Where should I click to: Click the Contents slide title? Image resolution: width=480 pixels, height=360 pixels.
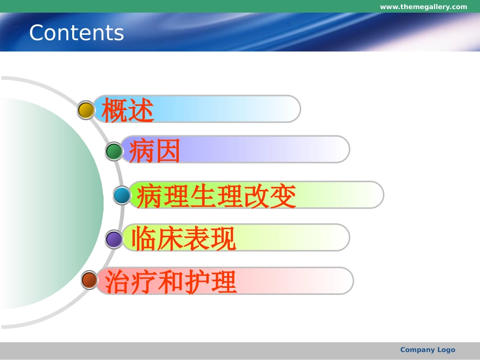[76, 33]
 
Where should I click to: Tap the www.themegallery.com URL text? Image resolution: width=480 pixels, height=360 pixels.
[423, 7]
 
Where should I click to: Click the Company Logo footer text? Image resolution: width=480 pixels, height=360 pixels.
[427, 350]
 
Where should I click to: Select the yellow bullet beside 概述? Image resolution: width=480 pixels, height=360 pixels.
[86, 110]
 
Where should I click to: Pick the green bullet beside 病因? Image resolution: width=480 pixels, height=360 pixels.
[114, 151]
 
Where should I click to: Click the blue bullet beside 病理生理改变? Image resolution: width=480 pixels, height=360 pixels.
[122, 195]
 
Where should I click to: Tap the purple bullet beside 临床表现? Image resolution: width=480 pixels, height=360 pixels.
[114, 239]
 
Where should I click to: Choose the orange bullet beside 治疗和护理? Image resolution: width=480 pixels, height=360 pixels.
[89, 280]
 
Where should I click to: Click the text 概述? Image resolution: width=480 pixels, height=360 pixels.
[127, 110]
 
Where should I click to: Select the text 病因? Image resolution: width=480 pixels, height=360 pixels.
[155, 150]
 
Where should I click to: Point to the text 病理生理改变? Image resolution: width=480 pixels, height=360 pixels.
[216, 196]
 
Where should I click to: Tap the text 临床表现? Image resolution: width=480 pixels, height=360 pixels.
[183, 238]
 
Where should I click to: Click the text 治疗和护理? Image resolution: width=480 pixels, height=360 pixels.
[167, 282]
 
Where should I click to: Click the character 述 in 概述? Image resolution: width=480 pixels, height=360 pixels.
[140, 110]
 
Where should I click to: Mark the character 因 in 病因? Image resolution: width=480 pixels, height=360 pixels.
[168, 150]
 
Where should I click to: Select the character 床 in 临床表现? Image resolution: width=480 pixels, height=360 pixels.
[170, 238]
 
